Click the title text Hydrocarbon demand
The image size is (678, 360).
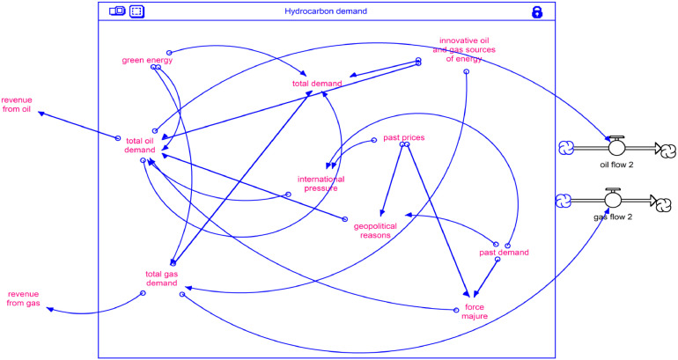326,11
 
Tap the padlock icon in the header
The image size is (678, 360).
536,11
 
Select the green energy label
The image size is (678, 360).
147,61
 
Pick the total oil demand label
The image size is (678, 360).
141,145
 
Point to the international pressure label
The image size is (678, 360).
320,183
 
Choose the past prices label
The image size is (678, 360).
404,138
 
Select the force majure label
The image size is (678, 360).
475,312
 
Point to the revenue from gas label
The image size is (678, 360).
24,298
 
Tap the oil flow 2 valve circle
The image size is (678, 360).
616,148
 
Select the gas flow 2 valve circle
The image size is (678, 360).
614,202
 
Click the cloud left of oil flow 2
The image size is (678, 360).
566,148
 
